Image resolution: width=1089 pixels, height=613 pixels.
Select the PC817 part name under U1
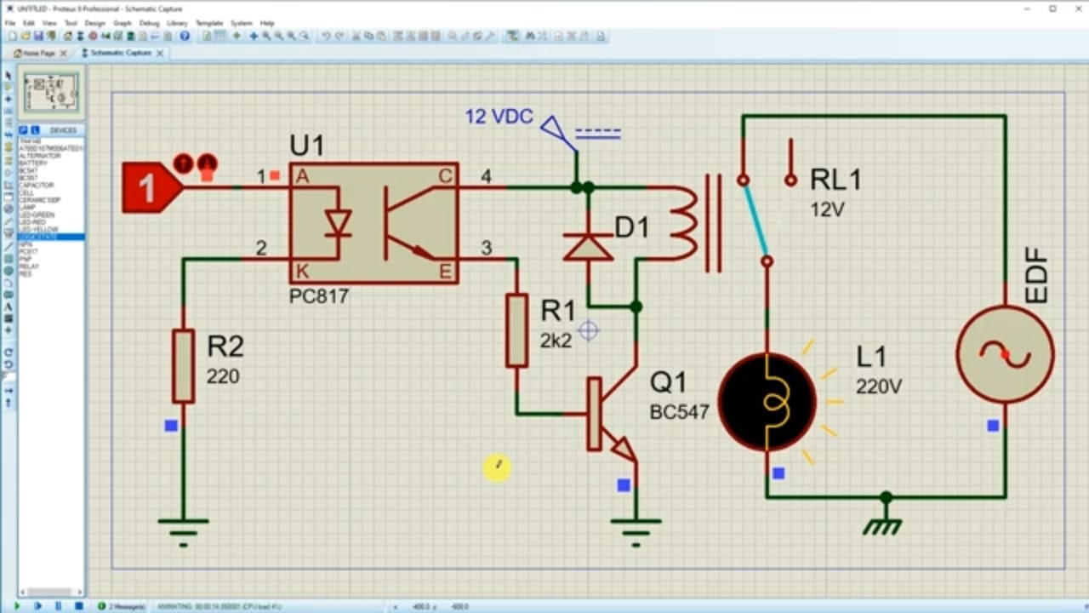[x=319, y=297]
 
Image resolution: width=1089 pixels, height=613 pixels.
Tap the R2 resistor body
[x=183, y=366]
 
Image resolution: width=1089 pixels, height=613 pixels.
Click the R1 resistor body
[x=516, y=330]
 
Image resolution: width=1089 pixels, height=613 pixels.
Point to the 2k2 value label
[x=556, y=341]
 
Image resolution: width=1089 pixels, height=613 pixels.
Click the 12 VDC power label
[x=499, y=117]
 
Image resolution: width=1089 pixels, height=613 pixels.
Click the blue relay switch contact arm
[x=755, y=221]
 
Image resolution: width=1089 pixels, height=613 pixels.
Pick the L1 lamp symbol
[x=767, y=401]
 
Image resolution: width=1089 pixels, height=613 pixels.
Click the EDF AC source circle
[x=1005, y=354]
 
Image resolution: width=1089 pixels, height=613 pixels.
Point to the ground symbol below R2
[x=183, y=529]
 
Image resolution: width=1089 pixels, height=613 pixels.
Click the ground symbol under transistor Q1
[x=636, y=529]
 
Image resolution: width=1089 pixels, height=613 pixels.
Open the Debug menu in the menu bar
[x=148, y=23]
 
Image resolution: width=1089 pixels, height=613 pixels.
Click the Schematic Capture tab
[x=121, y=53]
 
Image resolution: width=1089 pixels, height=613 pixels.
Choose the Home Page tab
[x=38, y=53]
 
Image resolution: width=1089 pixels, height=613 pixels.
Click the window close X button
[x=1075, y=9]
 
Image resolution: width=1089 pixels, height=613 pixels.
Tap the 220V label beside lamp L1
[x=878, y=387]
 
